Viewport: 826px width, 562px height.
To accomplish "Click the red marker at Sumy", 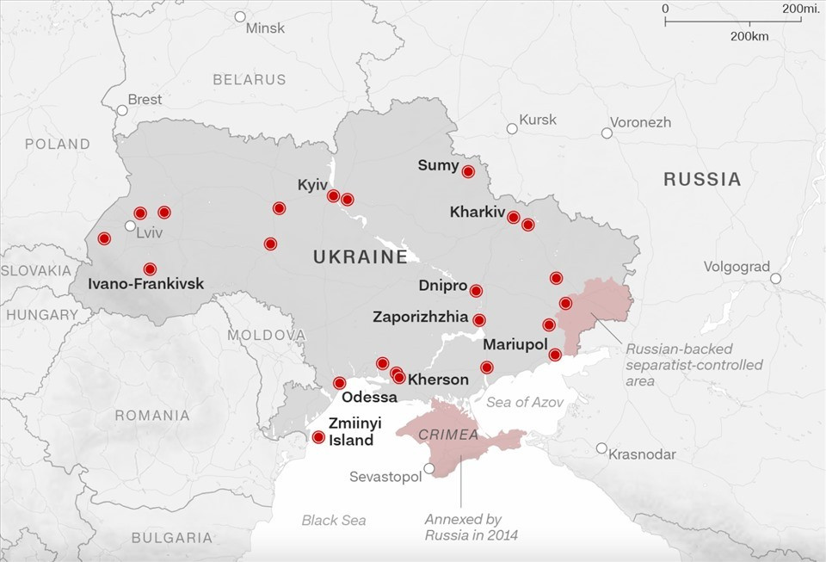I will click(468, 171).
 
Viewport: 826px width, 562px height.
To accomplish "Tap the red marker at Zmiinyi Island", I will click(318, 437).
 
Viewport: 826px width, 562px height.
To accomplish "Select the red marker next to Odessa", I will click(339, 383).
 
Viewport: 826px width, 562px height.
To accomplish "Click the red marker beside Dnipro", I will click(476, 291).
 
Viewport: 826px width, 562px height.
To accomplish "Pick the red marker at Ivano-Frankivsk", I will click(151, 269).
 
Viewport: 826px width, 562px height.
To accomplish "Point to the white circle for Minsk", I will click(240, 16).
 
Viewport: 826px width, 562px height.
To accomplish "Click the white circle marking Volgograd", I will click(775, 278).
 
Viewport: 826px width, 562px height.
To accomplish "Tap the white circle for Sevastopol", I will click(429, 468).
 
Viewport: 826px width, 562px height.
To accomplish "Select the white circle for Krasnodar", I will click(601, 448).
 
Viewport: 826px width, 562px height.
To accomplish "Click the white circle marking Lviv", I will click(130, 225).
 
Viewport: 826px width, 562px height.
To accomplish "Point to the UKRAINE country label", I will click(360, 256).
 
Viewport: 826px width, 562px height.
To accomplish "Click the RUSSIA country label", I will click(702, 179).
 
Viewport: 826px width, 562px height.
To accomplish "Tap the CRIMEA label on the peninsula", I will click(448, 435).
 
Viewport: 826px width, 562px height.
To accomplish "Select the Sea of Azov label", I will click(525, 402).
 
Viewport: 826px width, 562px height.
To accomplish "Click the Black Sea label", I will click(333, 520).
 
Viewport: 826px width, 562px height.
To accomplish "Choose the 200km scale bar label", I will click(749, 36).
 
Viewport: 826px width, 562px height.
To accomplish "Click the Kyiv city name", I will click(312, 185).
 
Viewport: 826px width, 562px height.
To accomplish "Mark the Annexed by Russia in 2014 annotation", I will click(463, 528).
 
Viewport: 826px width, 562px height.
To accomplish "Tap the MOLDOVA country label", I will click(267, 334).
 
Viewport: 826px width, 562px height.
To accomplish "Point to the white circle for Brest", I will click(122, 110).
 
